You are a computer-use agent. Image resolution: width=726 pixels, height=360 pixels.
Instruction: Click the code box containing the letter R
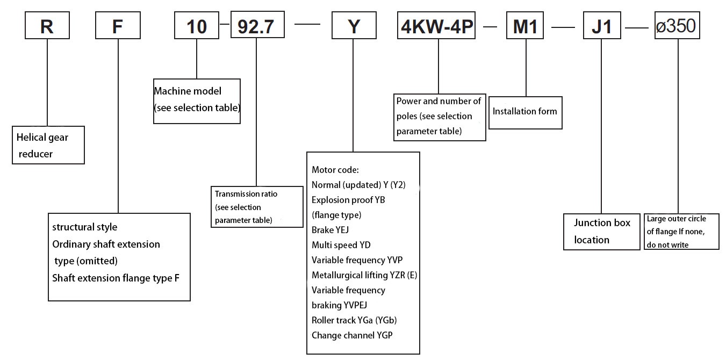click(x=47, y=25)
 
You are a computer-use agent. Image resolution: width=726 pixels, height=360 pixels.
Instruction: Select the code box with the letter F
click(x=118, y=25)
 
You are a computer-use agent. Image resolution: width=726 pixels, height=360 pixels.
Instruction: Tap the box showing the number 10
click(x=197, y=25)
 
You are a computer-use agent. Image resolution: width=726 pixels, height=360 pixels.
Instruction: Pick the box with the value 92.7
click(x=257, y=25)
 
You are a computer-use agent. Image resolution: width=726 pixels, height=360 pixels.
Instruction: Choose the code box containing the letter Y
click(x=353, y=25)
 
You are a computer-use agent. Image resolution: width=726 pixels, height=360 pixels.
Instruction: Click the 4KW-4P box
click(x=437, y=25)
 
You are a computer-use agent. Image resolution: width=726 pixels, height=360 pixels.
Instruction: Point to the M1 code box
click(x=525, y=25)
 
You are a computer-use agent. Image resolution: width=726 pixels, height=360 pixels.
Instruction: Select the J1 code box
click(x=601, y=25)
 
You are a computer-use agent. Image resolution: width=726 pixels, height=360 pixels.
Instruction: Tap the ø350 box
click(x=678, y=25)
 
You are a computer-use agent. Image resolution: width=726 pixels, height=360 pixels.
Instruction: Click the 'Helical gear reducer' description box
click(x=48, y=145)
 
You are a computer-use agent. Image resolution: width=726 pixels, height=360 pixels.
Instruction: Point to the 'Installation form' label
click(x=525, y=112)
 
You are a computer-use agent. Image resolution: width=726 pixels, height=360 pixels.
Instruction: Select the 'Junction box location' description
click(x=602, y=231)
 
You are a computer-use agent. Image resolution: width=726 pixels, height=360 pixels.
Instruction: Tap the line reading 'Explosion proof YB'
click(x=348, y=200)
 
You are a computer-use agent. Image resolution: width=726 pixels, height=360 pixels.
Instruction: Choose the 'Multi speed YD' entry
click(x=341, y=245)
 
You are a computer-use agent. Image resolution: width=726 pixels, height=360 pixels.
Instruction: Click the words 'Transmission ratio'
click(x=246, y=194)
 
